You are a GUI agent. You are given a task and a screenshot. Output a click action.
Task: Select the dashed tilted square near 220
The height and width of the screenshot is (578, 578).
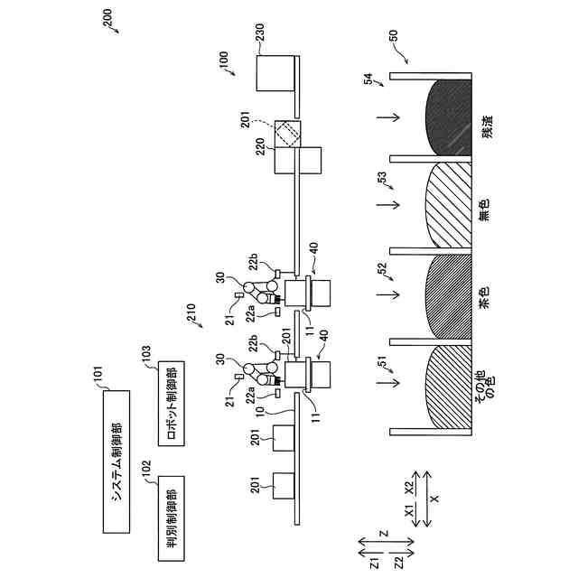288,133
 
